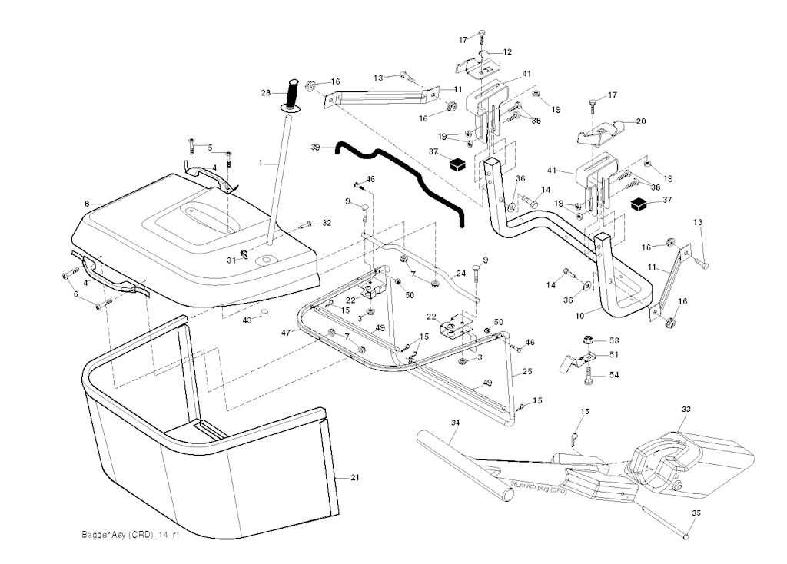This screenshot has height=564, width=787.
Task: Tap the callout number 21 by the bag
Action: [355, 478]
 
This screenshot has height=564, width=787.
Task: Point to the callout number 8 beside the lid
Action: [87, 204]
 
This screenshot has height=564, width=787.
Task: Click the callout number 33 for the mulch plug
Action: [686, 410]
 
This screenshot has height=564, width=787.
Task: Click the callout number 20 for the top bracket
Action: [641, 121]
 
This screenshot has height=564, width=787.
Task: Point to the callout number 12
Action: [507, 51]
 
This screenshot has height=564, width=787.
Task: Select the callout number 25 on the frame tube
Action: [527, 372]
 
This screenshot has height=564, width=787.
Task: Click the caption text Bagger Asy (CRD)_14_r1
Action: [125, 535]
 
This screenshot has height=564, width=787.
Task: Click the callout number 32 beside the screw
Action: [327, 223]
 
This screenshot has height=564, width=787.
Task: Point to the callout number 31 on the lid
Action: [231, 260]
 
